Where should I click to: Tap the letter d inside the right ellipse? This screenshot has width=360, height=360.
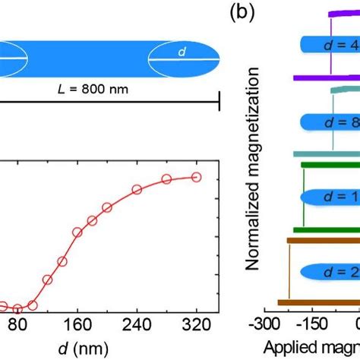click(181, 52)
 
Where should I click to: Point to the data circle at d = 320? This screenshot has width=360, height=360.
click(196, 177)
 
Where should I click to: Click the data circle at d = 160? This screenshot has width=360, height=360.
click(77, 232)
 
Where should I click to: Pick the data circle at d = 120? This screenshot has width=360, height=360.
click(47, 279)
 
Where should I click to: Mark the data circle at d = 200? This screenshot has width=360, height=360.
click(107, 207)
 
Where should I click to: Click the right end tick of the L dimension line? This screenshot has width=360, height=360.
click(219, 99)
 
